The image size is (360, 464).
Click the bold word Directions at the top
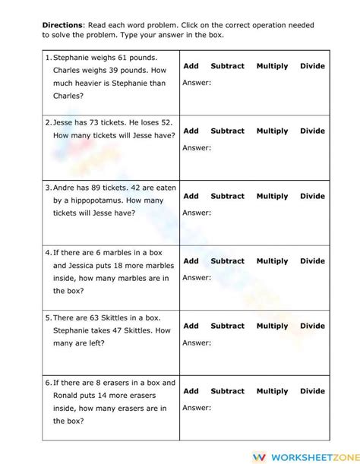point(62,25)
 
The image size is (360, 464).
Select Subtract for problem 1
point(227,66)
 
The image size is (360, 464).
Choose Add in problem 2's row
point(191,131)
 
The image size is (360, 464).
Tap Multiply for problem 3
point(272,196)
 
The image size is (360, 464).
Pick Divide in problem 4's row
point(312,261)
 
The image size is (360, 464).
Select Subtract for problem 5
point(227,326)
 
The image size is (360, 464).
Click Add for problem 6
point(191,391)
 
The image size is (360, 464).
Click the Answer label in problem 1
point(197,83)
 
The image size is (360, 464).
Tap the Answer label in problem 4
point(197,278)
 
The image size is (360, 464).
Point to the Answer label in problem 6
point(197,408)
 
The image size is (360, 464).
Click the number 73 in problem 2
point(101,122)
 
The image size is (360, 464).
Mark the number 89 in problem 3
point(105,188)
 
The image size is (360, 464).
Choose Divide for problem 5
point(312,326)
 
